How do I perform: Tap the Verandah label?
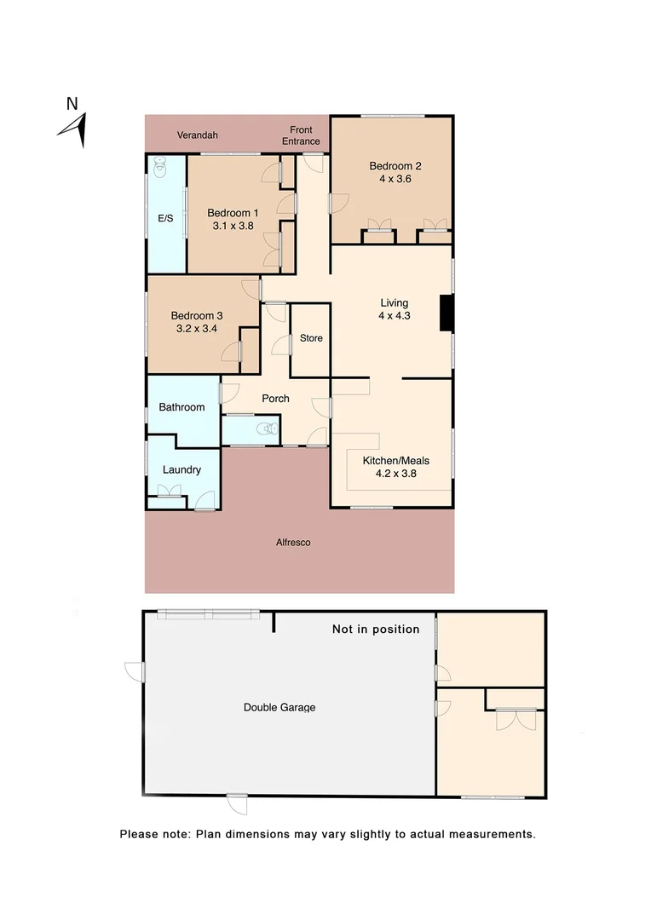click(198, 135)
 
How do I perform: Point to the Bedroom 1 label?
click(233, 213)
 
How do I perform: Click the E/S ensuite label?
click(165, 219)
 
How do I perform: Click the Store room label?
click(311, 338)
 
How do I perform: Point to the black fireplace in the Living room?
click(445, 313)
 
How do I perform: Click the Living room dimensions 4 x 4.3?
click(395, 316)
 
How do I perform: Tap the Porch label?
click(275, 399)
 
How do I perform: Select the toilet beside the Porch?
click(271, 428)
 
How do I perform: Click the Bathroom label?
click(181, 407)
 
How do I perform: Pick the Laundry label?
click(181, 469)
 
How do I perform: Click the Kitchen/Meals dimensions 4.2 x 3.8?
click(395, 474)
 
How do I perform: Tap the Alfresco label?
click(292, 542)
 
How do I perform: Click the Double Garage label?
click(279, 707)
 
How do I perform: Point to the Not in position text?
click(375, 630)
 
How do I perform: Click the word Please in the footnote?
click(139, 834)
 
